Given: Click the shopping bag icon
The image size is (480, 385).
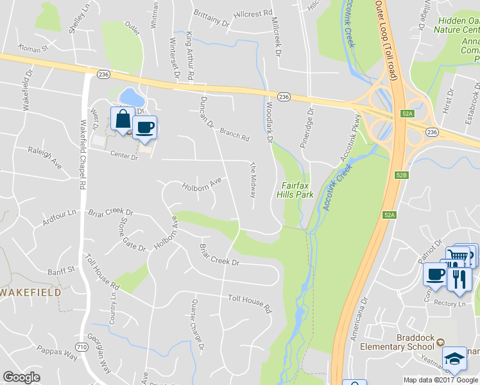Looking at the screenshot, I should pos(123,119).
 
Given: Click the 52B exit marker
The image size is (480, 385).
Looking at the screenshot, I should pos(402,175).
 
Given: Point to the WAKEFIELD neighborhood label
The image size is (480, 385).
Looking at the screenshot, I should pos(31,292).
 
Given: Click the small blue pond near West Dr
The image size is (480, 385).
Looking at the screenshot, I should pos(131,98).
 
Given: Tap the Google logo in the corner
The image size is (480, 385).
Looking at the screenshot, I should pos(21,377).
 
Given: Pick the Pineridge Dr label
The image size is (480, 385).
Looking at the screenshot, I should pos(308,129).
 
